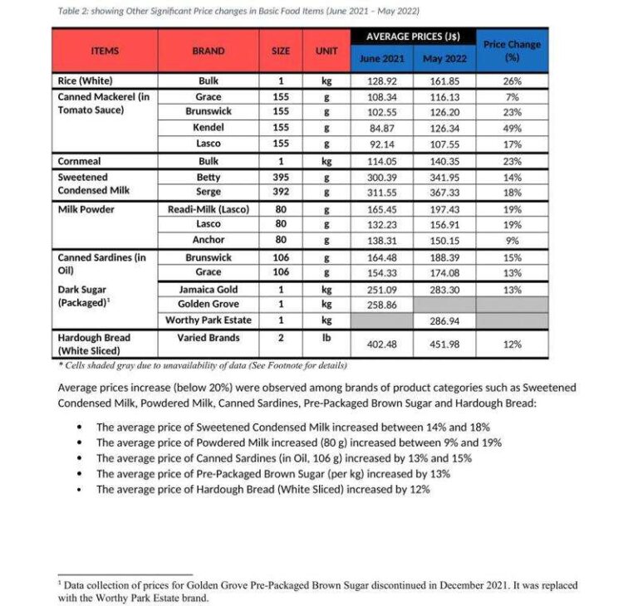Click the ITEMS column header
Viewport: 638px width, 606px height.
(x=105, y=51)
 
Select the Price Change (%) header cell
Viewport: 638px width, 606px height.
(x=512, y=51)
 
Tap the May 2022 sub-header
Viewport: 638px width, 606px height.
(x=444, y=59)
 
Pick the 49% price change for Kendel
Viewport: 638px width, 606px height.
(x=512, y=128)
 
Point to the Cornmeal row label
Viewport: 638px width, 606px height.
(x=79, y=161)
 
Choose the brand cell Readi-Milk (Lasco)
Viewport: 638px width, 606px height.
(x=208, y=209)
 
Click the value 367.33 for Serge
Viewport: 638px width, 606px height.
(x=444, y=191)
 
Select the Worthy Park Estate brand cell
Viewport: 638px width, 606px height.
(x=208, y=320)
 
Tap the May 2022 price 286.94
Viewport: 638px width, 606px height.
(x=444, y=320)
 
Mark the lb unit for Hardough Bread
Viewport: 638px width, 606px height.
(x=326, y=338)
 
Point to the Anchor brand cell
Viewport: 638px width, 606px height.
(x=208, y=240)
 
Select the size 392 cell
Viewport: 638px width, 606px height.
(x=281, y=191)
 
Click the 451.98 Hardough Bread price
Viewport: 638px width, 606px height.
(x=444, y=345)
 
